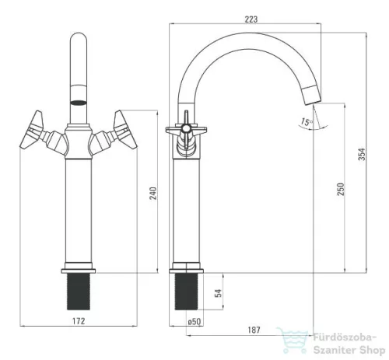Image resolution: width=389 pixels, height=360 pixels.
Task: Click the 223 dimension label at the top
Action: pos(251,19)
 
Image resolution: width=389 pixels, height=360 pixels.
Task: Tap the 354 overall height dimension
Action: pos(362,154)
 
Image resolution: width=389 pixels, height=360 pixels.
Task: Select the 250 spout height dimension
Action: pos(341,189)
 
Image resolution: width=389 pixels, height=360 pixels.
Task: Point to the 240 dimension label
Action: pos(153,193)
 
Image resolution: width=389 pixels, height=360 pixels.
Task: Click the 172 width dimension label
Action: pos(79,321)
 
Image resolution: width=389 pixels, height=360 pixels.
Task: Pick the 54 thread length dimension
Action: pos(219,293)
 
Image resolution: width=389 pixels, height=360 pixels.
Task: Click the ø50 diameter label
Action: pos(194,322)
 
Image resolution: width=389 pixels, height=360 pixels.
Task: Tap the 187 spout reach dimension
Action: pos(254,330)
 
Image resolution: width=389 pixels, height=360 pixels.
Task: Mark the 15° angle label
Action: pos(307,121)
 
